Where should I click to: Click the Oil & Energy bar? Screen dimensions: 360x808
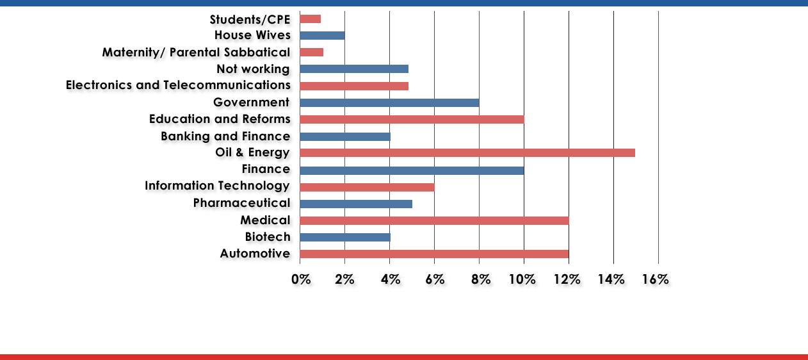point(467,152)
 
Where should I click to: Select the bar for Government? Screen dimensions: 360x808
point(389,102)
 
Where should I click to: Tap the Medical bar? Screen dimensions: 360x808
point(434,220)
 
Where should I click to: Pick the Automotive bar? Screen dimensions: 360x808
point(434,254)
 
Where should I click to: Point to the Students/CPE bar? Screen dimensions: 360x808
point(310,19)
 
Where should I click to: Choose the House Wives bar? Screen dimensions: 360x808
point(322,35)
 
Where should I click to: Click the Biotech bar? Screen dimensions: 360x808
point(345,237)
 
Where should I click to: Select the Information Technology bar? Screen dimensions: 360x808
point(367,187)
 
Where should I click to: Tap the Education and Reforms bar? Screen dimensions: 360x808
point(412,119)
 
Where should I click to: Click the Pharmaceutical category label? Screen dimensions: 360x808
point(242,203)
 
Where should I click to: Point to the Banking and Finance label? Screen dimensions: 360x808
point(225,136)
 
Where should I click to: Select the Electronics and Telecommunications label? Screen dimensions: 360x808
point(178,85)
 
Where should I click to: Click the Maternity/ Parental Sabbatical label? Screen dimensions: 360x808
point(196,52)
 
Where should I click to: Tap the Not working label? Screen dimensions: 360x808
point(253,69)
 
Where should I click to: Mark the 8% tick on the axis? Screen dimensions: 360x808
point(481,279)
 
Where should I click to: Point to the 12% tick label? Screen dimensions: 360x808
point(567,279)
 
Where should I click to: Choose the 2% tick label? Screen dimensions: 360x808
point(344,279)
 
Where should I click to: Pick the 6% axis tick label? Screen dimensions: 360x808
point(434,279)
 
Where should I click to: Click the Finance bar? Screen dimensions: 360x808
point(412,170)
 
